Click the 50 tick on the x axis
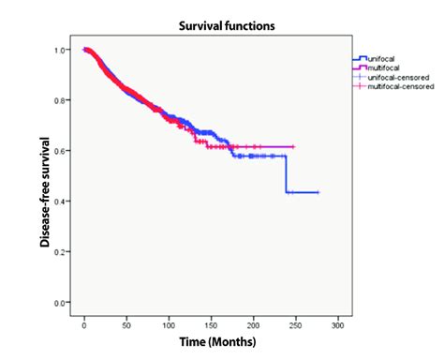pos(127,325)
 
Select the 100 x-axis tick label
pos(170,325)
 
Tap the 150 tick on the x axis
pos(212,325)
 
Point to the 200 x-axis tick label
pos(254,325)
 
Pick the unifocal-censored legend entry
pos(393,77)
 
